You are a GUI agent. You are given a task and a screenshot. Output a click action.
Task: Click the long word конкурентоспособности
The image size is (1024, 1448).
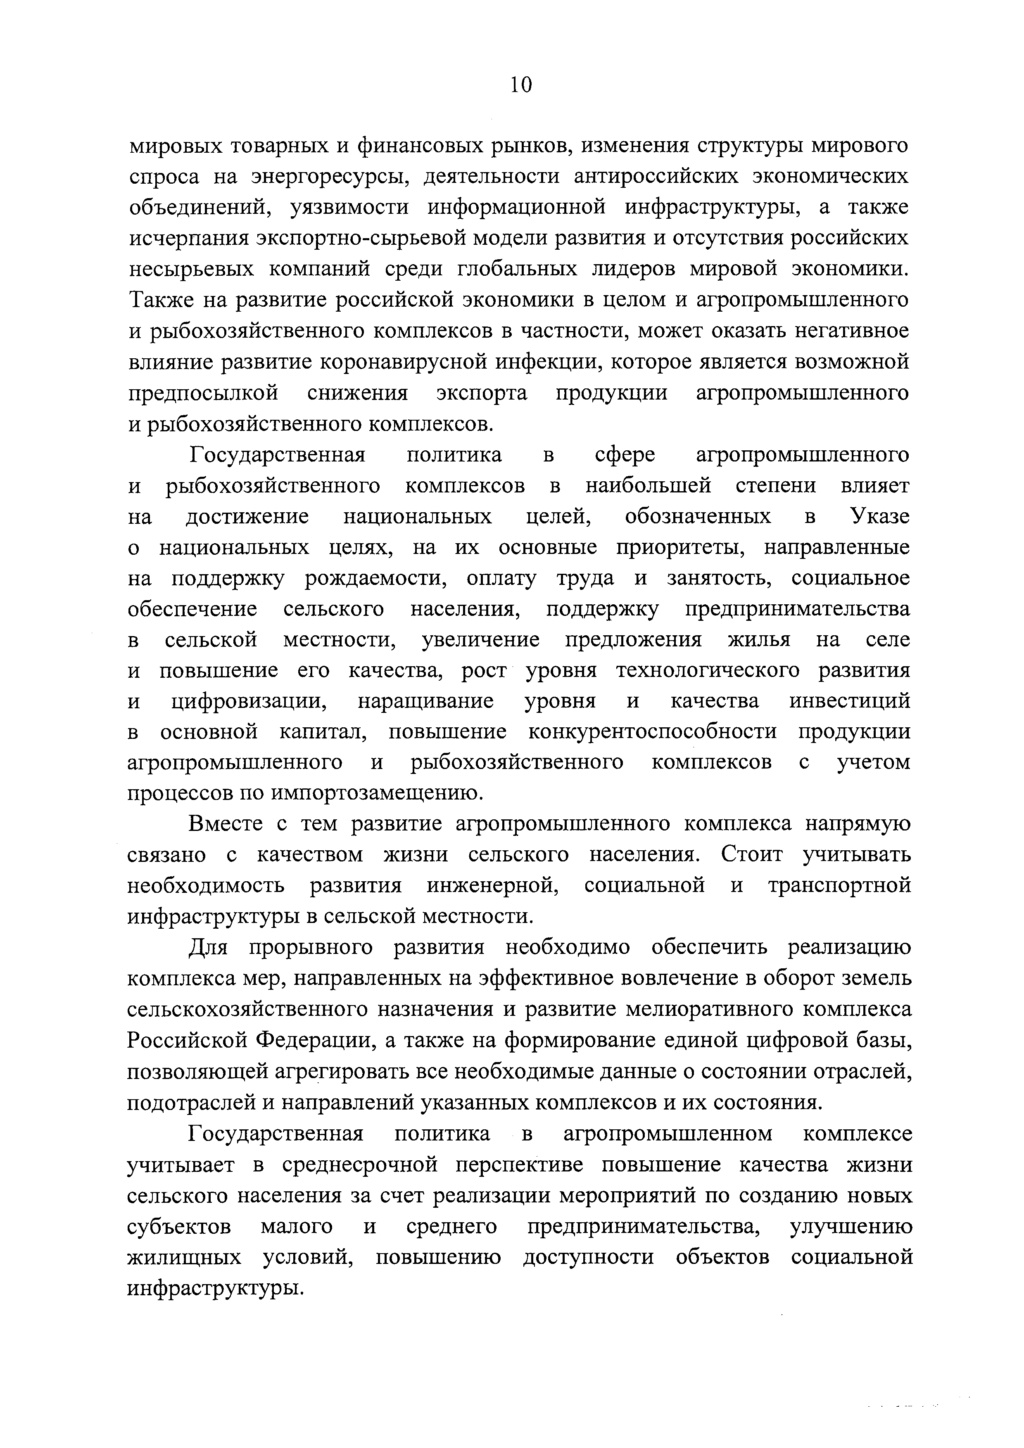tap(652, 732)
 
